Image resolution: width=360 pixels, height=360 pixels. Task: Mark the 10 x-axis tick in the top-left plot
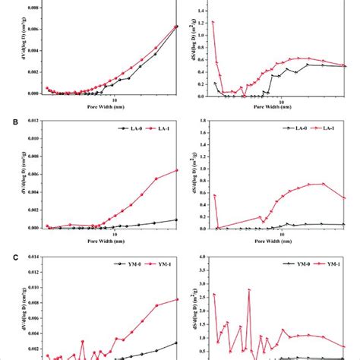pos(115,101)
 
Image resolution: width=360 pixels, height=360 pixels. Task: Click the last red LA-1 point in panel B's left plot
pos(177,170)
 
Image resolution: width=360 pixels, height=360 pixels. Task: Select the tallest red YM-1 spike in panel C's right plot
pos(249,289)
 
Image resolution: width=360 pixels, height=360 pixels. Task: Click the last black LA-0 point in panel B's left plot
pos(177,219)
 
